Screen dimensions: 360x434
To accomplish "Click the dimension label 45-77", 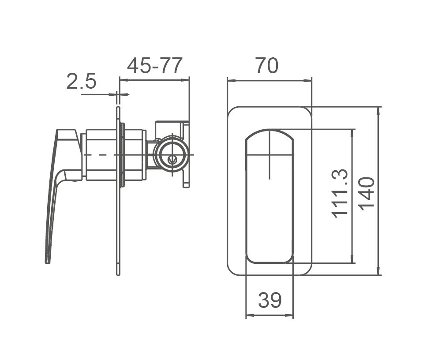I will click(x=154, y=66).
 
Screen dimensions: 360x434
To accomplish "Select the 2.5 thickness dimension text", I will click(x=81, y=82).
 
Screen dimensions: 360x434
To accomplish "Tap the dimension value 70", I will click(x=266, y=66).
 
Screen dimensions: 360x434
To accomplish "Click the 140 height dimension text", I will click(x=367, y=193).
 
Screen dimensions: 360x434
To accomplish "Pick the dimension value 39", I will click(x=269, y=301).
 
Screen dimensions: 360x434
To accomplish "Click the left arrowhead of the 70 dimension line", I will click(x=229, y=81).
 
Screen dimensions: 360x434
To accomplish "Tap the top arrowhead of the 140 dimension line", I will click(x=378, y=109).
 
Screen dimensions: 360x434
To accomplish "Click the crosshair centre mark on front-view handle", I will click(x=269, y=155).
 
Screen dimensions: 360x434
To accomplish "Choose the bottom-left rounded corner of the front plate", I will click(x=232, y=270).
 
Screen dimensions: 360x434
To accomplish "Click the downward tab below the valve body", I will click(x=186, y=181).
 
